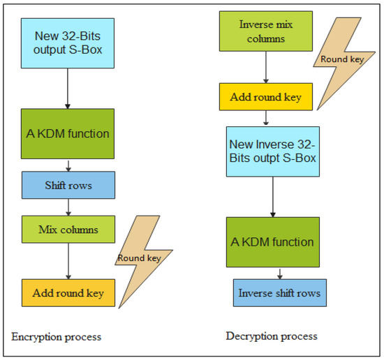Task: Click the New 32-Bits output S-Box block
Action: click(67, 43)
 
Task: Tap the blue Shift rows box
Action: click(67, 186)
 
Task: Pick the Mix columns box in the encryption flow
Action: click(67, 229)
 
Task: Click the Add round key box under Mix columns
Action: click(67, 293)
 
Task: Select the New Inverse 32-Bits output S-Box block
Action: click(272, 153)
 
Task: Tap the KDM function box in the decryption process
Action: click(272, 242)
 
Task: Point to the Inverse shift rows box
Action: click(279, 293)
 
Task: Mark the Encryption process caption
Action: click(57, 337)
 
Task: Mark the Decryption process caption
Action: click(272, 336)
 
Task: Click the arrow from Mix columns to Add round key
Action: click(67, 261)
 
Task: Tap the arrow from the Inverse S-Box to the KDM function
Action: click(272, 199)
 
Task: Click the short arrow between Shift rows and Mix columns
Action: click(67, 207)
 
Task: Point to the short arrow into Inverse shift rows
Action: click(279, 274)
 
